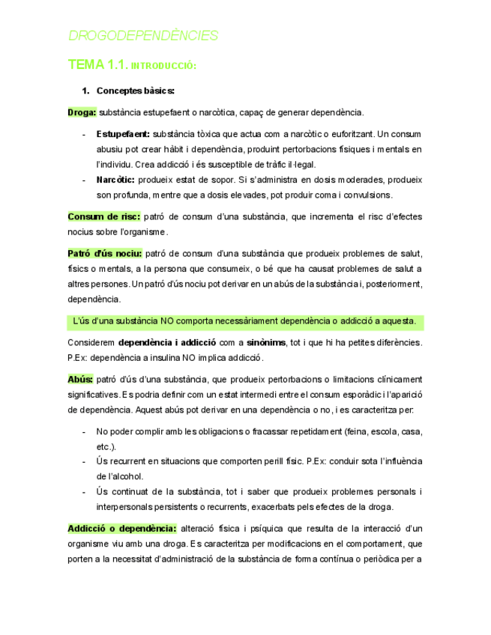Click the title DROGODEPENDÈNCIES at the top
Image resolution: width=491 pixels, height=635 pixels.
[143, 35]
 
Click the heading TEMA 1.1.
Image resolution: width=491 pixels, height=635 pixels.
[97, 65]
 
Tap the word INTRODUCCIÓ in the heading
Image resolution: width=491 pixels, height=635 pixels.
[163, 67]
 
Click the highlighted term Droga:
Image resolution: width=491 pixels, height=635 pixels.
[82, 112]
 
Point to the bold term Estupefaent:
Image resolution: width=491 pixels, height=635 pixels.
[123, 134]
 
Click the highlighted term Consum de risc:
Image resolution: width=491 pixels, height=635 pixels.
[103, 216]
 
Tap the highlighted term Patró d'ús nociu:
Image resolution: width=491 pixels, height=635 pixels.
[104, 253]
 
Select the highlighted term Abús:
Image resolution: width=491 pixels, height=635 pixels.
[80, 379]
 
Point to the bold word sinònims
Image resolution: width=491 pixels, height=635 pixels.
[265, 342]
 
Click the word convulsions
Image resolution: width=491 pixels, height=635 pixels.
[367, 195]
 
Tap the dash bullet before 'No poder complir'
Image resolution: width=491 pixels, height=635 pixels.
[82, 431]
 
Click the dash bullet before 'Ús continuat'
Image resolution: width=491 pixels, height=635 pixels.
[82, 491]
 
